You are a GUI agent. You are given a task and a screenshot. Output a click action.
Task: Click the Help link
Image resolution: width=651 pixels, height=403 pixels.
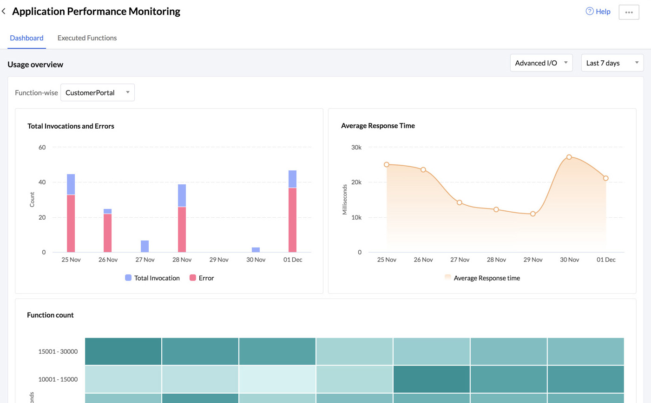[598, 12]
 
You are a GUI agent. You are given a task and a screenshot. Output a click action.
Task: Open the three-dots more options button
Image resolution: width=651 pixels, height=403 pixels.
[629, 12]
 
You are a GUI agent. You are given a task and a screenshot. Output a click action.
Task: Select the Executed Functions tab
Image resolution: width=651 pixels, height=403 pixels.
[87, 38]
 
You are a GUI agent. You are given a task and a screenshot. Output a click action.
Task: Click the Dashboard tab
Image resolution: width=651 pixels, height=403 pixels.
[26, 38]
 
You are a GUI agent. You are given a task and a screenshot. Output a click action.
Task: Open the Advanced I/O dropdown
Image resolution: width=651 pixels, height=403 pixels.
[541, 63]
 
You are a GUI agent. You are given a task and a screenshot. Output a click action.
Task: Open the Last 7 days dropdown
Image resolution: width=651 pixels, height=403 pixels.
[612, 63]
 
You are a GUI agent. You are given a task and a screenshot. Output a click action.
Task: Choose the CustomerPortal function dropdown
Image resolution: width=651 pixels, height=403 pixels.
[97, 93]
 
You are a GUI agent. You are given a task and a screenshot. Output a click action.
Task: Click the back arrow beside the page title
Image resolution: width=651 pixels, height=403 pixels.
[4, 12]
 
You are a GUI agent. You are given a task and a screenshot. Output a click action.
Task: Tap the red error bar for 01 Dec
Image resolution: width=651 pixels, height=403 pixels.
[292, 220]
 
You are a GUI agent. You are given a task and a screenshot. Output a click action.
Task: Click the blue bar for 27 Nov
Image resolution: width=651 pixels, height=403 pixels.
[145, 247]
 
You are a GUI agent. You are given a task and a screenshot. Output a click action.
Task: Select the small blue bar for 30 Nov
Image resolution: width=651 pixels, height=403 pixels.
[256, 250]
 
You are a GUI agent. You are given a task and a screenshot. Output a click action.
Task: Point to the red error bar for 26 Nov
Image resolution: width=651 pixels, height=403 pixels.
[108, 233]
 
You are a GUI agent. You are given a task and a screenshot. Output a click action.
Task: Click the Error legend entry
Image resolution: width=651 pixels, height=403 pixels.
[202, 278]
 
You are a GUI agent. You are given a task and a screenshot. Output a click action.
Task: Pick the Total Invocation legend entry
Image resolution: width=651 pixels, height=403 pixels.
[152, 278]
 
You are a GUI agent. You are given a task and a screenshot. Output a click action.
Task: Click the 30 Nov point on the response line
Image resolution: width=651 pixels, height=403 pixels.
[569, 157]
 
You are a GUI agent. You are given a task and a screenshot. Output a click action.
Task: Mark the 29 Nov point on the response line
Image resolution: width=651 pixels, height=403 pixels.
[533, 214]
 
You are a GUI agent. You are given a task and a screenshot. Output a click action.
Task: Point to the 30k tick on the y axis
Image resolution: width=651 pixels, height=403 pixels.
[356, 147]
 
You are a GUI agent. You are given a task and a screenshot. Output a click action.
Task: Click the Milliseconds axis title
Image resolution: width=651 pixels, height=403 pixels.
[345, 200]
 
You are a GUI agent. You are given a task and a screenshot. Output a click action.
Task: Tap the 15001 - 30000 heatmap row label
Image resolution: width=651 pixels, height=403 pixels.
[58, 351]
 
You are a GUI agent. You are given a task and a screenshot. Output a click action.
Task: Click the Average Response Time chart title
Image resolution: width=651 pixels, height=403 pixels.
[378, 126]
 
